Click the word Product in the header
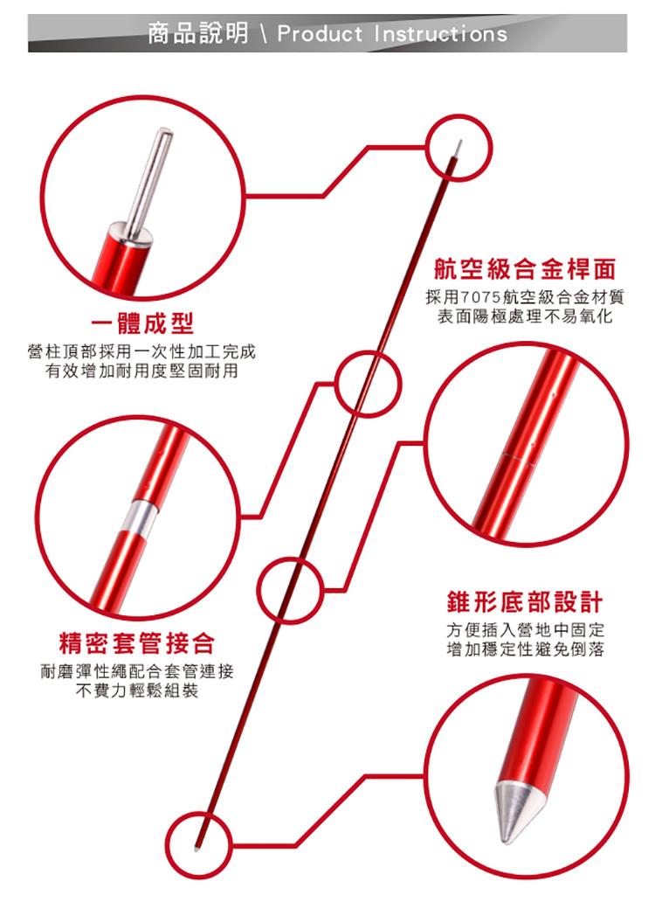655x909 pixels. coord(319,33)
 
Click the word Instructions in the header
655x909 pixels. coord(440,33)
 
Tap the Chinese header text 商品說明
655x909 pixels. coord(197,33)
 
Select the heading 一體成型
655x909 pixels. coord(142,323)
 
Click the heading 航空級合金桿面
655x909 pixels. coord(525,269)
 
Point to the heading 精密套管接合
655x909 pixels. coord(137,643)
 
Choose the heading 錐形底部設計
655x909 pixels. coord(525,601)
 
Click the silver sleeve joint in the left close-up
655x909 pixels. coord(141,516)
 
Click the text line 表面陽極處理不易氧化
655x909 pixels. coord(525,316)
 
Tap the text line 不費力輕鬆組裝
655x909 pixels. coord(137,690)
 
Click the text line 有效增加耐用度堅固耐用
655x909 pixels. coord(142,371)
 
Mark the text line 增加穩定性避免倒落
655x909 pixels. coord(525,649)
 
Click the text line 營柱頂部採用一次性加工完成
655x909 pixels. coord(141,351)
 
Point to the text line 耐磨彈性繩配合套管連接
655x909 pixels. coord(137,671)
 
